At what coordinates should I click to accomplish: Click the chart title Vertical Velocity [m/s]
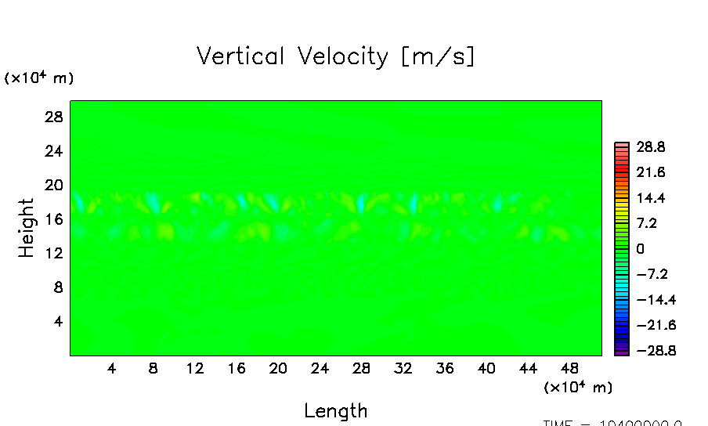coord(335,57)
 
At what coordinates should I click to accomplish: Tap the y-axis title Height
coord(27,228)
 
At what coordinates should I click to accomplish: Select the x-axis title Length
coord(335,410)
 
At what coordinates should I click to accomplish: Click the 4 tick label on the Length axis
coord(111,368)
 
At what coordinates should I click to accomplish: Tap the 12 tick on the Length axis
coord(195,368)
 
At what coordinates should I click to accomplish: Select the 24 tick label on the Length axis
coord(320,368)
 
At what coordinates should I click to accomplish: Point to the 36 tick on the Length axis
coord(445,368)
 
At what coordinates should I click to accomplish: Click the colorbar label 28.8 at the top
coord(650,146)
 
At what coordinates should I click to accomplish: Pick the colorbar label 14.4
coord(650,198)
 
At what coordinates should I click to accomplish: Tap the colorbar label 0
coord(640,249)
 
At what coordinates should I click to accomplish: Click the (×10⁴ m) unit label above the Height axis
coord(39,78)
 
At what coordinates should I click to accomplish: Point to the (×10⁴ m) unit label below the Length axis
coord(578,388)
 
